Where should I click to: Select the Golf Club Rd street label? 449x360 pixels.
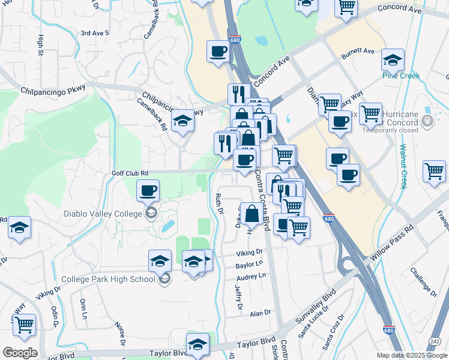[130, 173]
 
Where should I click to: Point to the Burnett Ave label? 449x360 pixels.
[358, 52]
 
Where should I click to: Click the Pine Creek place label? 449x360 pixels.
[401, 76]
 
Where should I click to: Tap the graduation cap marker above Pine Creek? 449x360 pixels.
[393, 61]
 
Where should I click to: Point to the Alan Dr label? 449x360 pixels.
[261, 313]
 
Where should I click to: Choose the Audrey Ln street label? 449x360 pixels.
[251, 277]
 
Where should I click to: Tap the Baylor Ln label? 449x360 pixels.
[250, 264]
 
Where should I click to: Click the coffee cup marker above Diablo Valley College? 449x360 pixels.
[148, 191]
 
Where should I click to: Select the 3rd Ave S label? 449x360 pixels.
[95, 33]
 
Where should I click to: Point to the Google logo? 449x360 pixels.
[20, 353]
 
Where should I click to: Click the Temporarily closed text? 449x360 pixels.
[390, 130]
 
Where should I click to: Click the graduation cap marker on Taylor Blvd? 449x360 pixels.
[197, 344]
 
